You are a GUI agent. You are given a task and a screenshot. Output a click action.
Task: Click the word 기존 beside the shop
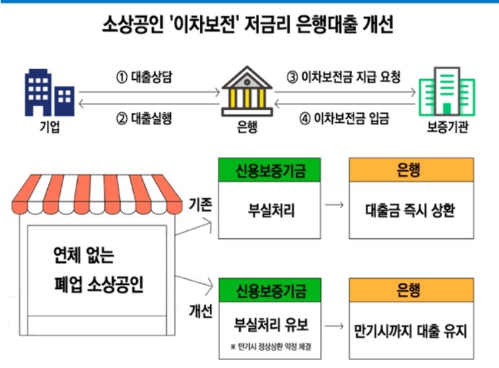200,204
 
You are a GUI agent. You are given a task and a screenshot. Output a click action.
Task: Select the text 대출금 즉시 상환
411,211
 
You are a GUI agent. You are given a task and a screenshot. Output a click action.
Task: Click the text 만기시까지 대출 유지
411,330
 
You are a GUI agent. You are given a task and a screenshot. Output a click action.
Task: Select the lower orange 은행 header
411,290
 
